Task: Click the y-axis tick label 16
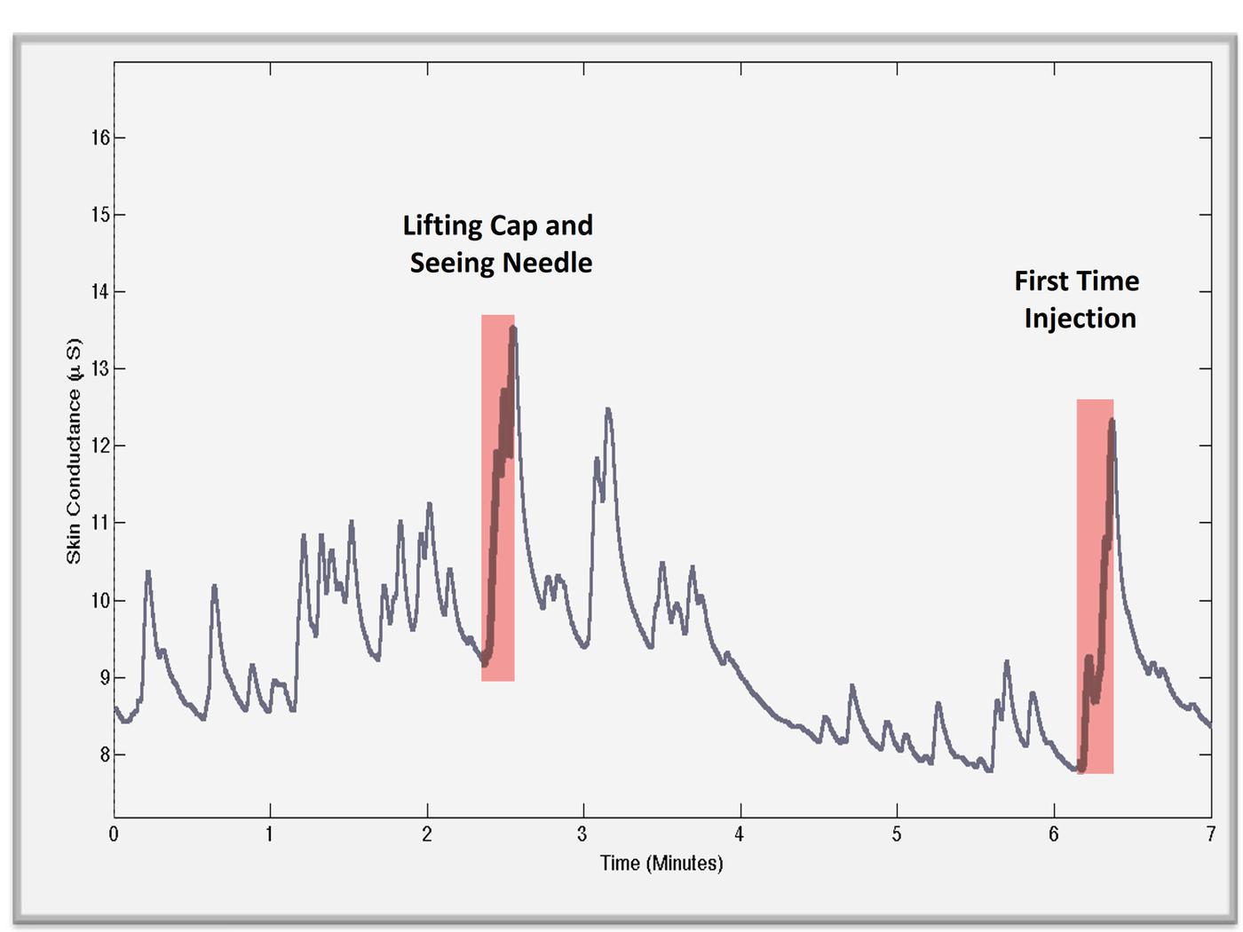(x=100, y=138)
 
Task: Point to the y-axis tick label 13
(x=100, y=369)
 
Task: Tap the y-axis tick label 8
(x=105, y=754)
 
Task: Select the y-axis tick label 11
(x=100, y=523)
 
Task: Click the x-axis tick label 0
(x=114, y=834)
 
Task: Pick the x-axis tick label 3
(x=582, y=834)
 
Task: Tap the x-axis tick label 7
(x=1210, y=834)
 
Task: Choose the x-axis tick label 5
(x=897, y=834)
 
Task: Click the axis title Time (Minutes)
(x=661, y=864)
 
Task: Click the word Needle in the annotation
(x=547, y=263)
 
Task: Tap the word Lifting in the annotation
(x=442, y=226)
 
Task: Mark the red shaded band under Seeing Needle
(x=498, y=498)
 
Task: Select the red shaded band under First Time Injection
(x=1095, y=586)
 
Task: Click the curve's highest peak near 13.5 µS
(x=513, y=328)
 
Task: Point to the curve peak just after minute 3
(x=608, y=409)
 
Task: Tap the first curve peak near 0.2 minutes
(x=148, y=573)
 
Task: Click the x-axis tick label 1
(x=270, y=834)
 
